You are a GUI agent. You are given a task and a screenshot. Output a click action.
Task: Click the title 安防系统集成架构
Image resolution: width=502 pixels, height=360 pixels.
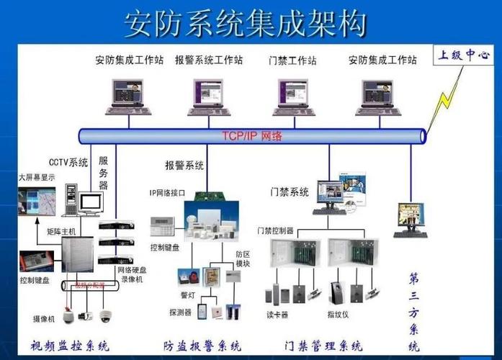point(245,23)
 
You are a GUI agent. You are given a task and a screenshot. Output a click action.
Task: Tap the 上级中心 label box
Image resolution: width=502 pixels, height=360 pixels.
point(465,55)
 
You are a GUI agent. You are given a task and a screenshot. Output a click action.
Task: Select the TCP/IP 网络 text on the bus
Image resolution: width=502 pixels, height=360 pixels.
point(251,135)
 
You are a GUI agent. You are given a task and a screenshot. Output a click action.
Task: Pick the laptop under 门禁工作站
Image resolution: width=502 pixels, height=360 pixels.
point(294,96)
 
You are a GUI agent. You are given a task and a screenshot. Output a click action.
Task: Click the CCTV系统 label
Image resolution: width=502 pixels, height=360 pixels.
point(68,162)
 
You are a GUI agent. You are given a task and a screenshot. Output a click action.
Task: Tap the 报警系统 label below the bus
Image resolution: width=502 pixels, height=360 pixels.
point(184,166)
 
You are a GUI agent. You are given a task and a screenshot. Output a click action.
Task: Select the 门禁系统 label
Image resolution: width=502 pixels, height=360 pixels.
point(290,192)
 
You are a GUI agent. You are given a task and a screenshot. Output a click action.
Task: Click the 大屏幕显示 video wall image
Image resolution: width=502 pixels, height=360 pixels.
point(37,202)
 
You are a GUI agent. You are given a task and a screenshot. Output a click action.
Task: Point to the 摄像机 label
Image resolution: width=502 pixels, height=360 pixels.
point(43,318)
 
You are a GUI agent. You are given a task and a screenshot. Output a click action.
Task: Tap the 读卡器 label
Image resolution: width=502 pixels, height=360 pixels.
point(278,315)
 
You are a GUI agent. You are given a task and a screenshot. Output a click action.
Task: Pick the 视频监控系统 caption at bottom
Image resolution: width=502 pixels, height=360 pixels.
point(70,346)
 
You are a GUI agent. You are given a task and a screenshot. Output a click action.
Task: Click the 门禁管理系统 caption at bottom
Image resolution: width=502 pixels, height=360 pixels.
point(323,346)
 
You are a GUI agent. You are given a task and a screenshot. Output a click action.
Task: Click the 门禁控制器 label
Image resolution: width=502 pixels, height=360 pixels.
point(275,230)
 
